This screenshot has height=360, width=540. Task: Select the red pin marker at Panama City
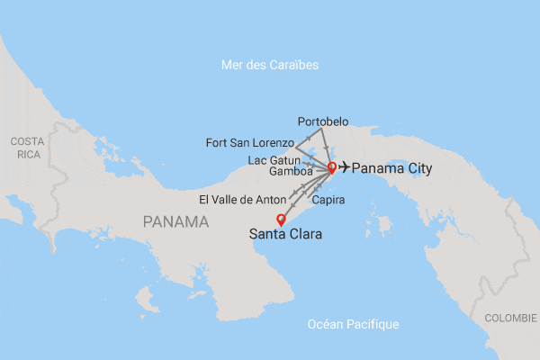[x=331, y=166]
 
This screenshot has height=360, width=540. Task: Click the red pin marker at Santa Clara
[x=280, y=219]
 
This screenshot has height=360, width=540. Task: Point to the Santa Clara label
[x=284, y=235]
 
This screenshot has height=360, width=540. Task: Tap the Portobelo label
[x=322, y=121]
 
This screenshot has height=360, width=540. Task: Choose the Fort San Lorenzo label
[x=249, y=143]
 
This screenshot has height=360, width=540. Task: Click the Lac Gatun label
[x=274, y=159]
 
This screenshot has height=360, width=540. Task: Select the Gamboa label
[x=291, y=171]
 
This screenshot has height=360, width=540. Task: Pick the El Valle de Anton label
[x=242, y=199]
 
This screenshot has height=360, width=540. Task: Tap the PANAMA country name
[x=176, y=220]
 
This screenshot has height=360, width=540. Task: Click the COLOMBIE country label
[x=510, y=319]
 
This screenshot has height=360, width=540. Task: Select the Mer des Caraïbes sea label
[x=270, y=65]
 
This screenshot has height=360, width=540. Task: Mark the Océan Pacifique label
[x=353, y=324]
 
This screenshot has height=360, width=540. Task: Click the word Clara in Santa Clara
[x=303, y=235]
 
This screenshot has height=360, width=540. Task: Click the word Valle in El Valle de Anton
[x=229, y=199]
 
